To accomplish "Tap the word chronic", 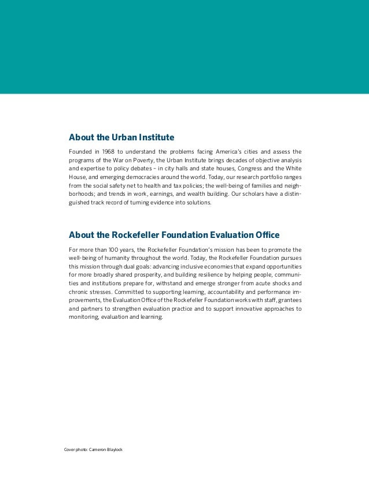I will pos(79,292).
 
